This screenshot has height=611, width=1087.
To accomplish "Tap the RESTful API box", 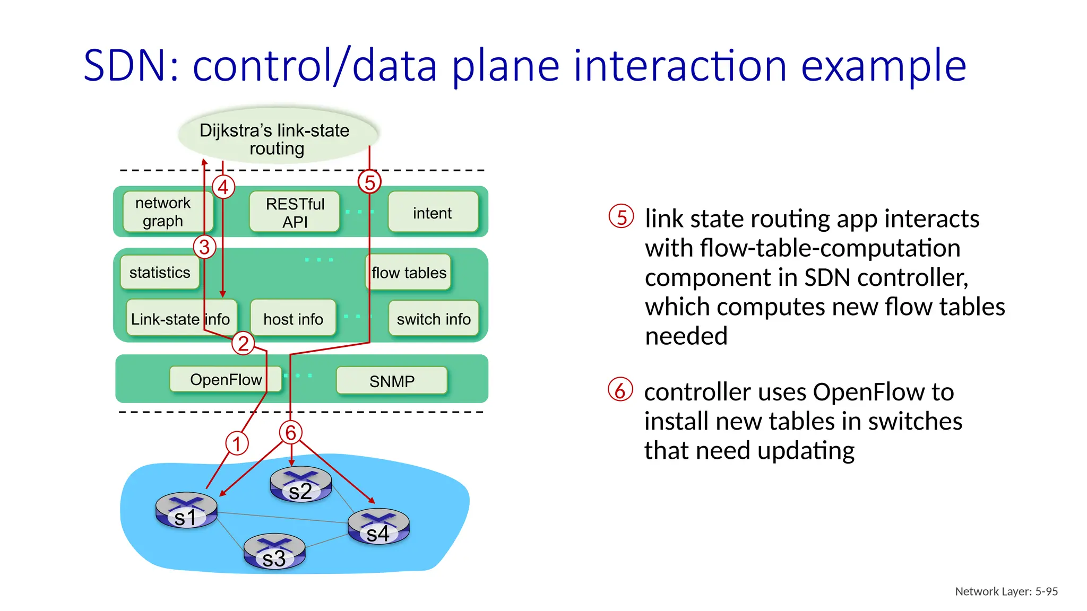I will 295,212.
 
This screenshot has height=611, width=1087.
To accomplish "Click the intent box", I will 433,213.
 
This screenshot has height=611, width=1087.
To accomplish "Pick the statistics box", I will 160,272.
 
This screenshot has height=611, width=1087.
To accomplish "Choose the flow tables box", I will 409,273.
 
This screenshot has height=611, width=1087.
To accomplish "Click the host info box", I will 293,319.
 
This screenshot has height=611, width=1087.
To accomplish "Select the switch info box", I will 434,319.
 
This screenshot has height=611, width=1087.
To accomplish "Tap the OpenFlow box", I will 225,380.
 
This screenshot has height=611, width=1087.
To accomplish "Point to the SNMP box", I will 392,381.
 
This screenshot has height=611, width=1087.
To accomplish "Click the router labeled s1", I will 186,510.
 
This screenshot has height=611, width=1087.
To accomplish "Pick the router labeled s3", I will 274,552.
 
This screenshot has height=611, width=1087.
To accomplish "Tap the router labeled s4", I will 378,527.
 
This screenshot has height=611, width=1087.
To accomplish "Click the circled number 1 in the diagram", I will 237,443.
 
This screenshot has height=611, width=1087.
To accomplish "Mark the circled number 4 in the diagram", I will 223,187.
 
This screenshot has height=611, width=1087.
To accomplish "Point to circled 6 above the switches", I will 291,432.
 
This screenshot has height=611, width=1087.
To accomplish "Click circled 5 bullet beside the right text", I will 622,217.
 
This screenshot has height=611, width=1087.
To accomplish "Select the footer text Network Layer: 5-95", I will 1006,591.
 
